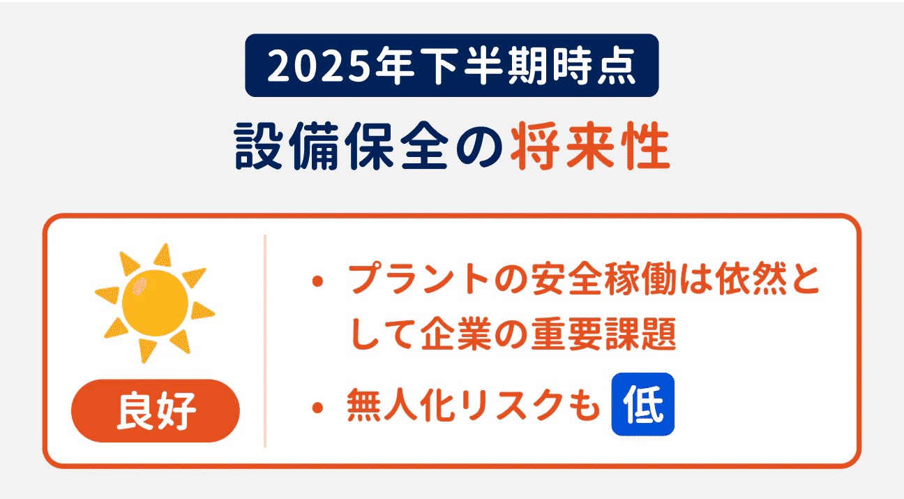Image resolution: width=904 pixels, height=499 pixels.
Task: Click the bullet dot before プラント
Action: click(x=319, y=283)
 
